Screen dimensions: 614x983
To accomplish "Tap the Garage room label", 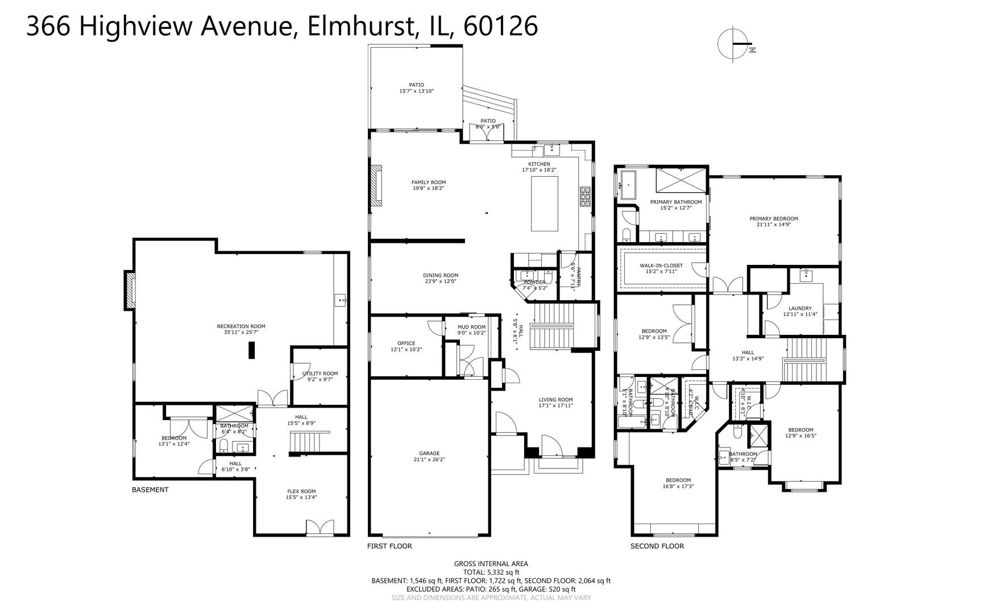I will (429, 457).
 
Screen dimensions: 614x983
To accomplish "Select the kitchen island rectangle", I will (544, 204).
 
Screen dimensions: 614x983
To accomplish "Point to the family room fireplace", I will (376, 185).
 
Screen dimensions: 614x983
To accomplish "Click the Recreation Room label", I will (241, 329).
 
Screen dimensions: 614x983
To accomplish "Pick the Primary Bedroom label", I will (773, 221).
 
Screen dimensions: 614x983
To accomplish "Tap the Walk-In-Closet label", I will (661, 268).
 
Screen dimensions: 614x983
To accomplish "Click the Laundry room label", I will (800, 311).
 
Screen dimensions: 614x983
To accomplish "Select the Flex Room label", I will (301, 494).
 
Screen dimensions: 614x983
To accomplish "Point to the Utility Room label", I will (320, 376).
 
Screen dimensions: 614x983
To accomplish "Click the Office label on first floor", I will (406, 346).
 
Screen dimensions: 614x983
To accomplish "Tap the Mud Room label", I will (472, 330).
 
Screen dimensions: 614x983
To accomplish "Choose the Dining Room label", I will (441, 278).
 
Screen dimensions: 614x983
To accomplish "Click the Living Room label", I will (555, 403).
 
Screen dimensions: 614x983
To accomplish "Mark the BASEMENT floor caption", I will (150, 489).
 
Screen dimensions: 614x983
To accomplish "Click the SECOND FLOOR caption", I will (657, 546).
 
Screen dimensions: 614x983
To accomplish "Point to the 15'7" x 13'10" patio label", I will (416, 88).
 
